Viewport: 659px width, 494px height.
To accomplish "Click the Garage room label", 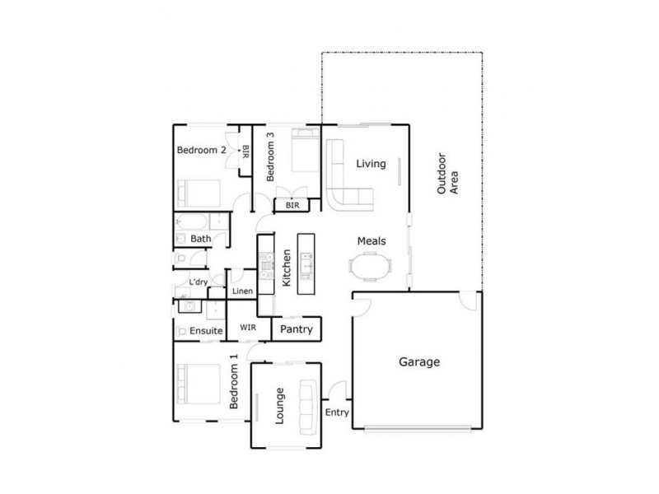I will [x=419, y=361].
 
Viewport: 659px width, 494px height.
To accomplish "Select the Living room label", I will [x=371, y=164].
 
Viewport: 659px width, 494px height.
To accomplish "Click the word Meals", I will [x=371, y=241].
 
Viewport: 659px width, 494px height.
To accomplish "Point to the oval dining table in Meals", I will [x=368, y=268].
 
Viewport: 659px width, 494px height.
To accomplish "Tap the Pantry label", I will [x=296, y=329].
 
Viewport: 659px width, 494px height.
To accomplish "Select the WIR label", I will [x=248, y=328].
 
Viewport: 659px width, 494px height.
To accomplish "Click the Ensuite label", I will [x=206, y=331].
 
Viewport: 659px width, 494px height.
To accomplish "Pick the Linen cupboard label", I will [x=241, y=291].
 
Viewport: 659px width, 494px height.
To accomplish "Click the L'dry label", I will [x=198, y=282].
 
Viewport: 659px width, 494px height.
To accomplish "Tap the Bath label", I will [x=200, y=239].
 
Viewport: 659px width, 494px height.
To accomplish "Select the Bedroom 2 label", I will [x=202, y=150].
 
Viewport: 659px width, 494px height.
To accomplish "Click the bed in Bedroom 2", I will [x=199, y=194].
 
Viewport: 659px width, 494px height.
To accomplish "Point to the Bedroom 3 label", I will [x=271, y=156].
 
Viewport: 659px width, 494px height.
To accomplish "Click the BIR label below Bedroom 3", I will [x=291, y=205].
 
